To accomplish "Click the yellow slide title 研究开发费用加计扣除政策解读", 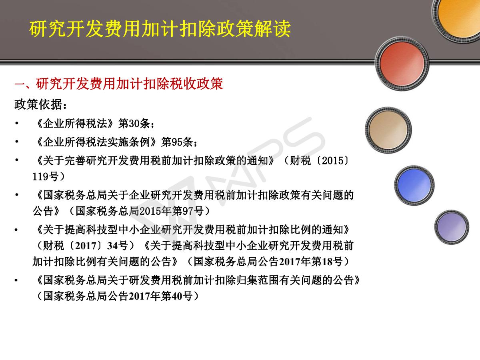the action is click(160, 29).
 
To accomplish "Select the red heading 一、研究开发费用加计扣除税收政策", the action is click(119, 84).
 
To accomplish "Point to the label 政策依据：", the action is click(41, 104).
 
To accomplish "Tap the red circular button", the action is click(402, 64).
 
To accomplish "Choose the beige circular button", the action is click(388, 130).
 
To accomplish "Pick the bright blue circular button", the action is click(414, 185).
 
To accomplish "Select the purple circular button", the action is click(452, 227).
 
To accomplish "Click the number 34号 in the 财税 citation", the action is click(118, 246).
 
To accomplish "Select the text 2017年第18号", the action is click(311, 262).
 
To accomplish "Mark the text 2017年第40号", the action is click(161, 296).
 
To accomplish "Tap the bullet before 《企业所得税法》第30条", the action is click(17, 123).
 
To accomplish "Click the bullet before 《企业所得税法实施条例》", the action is click(17, 142).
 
